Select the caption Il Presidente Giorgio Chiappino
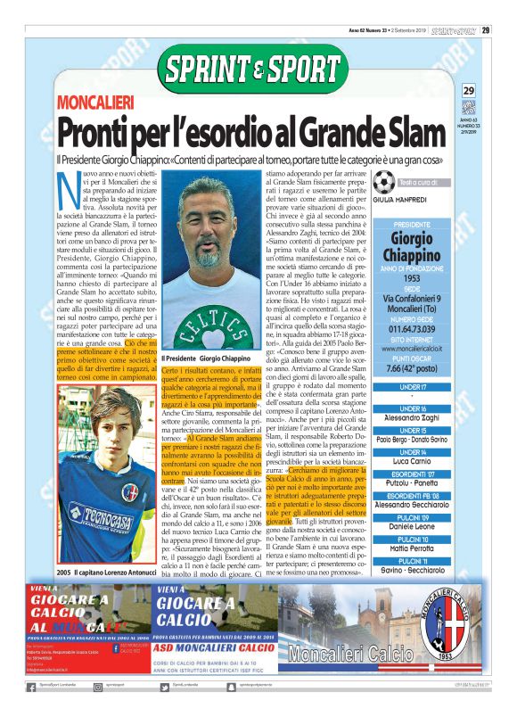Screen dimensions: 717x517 206,358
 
